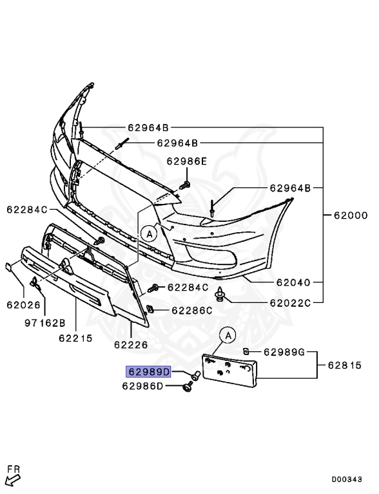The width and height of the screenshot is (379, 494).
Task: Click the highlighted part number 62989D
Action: click(148, 372)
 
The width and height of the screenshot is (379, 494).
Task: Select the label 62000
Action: click(351, 215)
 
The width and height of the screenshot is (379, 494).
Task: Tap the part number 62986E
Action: click(187, 161)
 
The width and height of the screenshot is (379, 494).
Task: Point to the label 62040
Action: click(293, 282)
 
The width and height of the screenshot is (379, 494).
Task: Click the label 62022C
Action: click(290, 303)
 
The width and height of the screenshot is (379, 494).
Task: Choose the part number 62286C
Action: click(192, 311)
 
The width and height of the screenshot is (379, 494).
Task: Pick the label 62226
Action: click(131, 345)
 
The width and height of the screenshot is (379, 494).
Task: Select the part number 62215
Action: click(76, 338)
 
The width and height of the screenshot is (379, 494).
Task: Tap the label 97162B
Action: click(45, 323)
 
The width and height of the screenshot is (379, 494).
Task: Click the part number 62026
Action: click(24, 305)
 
